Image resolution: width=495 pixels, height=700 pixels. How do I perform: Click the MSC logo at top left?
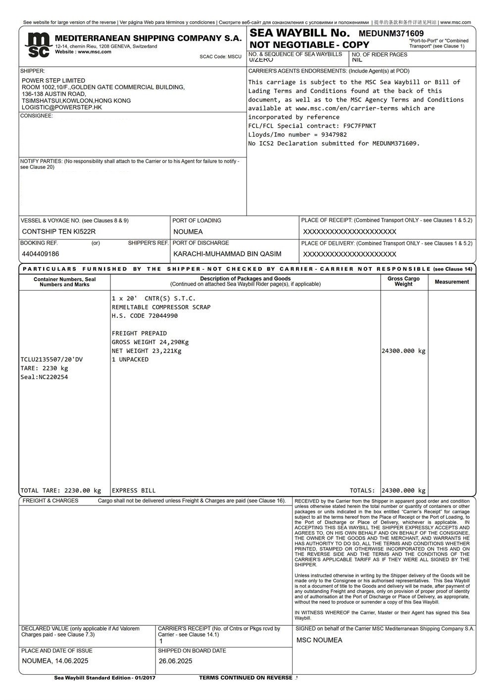click(38, 45)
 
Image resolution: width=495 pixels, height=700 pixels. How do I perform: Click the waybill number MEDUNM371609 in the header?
click(391, 34)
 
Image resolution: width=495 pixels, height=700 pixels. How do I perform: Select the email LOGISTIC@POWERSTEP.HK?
click(62, 107)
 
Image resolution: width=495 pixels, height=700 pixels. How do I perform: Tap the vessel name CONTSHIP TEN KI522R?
click(59, 232)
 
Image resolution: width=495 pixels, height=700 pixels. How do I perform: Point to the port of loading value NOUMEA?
click(188, 232)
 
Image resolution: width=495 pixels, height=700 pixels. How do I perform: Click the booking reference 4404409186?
click(41, 254)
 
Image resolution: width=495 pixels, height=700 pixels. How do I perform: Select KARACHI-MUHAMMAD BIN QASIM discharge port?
click(227, 254)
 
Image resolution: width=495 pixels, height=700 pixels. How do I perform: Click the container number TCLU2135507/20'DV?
click(52, 359)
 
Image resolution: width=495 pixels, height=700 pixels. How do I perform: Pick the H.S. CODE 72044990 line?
click(145, 316)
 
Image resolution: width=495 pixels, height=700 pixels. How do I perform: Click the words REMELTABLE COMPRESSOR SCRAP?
click(161, 307)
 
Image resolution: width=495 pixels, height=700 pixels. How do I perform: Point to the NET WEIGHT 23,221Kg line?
click(147, 351)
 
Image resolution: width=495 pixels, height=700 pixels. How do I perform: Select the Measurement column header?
click(451, 282)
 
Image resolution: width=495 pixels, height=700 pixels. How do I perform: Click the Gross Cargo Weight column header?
click(403, 282)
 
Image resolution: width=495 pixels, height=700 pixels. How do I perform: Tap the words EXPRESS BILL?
click(134, 491)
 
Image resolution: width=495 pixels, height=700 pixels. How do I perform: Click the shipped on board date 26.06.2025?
click(176, 661)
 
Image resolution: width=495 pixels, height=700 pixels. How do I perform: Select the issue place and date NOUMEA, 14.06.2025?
click(55, 661)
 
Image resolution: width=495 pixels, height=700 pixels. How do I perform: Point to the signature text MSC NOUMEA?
click(319, 641)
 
